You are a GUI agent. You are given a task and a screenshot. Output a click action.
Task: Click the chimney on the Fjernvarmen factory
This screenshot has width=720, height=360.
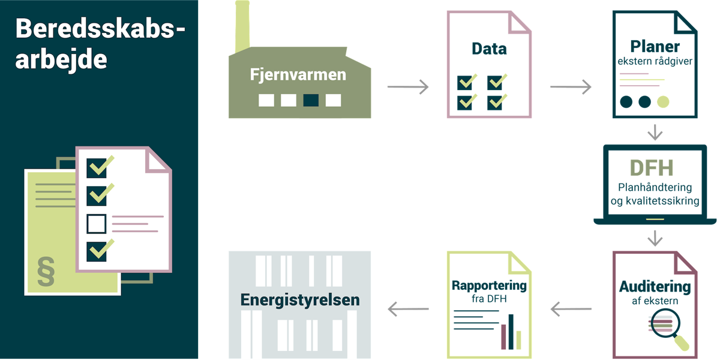tap(242, 26)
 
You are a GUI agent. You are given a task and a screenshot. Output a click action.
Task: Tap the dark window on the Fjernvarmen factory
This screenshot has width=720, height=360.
tap(311, 100)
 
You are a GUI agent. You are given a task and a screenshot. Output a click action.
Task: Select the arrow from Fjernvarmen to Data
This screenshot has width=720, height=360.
tap(408, 87)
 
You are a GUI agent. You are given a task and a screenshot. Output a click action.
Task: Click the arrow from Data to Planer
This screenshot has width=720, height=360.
tap(571, 87)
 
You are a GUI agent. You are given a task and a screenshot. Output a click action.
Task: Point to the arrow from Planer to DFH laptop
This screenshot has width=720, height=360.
tap(655, 132)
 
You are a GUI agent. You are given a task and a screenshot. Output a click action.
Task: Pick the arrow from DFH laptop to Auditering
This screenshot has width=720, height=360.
tap(655, 238)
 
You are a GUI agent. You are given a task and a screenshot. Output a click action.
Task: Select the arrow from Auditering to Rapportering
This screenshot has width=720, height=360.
tap(571, 309)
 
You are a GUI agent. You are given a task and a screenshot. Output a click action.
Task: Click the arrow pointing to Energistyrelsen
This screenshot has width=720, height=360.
tap(408, 309)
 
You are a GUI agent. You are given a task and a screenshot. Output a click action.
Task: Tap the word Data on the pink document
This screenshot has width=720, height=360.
tap(489, 49)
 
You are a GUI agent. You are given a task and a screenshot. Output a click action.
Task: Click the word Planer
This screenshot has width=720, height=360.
tap(655, 47)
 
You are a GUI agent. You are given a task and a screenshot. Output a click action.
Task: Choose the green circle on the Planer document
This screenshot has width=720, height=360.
tap(663, 102)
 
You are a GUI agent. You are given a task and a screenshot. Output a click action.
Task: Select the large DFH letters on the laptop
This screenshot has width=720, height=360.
tap(652, 168)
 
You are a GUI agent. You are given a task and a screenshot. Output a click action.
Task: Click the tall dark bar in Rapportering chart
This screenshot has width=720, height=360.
tap(511, 332)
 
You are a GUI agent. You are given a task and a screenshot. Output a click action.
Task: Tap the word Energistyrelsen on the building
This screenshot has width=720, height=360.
tap(300, 300)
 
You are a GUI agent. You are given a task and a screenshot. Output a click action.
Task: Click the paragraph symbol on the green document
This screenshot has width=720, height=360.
tap(46, 272)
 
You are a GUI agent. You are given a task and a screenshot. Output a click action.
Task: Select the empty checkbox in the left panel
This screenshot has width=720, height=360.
tap(97, 224)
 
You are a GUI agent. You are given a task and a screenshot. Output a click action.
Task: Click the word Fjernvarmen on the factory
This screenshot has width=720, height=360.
tap(298, 75)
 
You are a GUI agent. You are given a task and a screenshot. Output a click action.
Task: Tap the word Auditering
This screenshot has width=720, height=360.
tap(655, 287)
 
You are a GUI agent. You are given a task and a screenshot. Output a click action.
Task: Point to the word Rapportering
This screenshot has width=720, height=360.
tap(489, 286)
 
